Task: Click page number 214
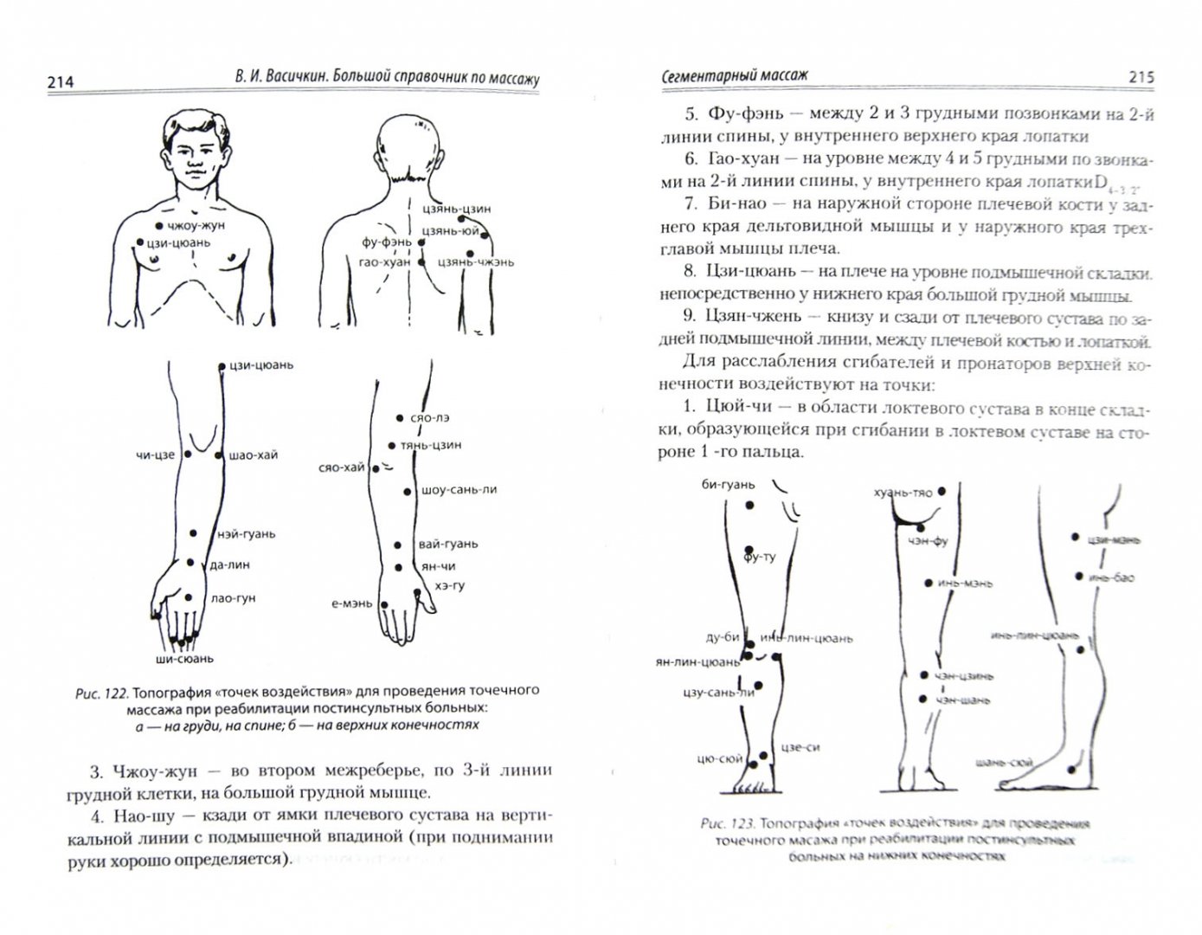coord(60,82)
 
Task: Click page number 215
coord(1141,77)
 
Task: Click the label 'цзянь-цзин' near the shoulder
coord(458,209)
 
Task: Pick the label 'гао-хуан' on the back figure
coord(385,261)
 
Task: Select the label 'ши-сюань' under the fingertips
coord(183,659)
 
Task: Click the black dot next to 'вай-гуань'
coord(397,545)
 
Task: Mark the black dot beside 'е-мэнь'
coord(388,605)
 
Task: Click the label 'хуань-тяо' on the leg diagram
coord(903,493)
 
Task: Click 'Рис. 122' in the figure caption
coord(100,690)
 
